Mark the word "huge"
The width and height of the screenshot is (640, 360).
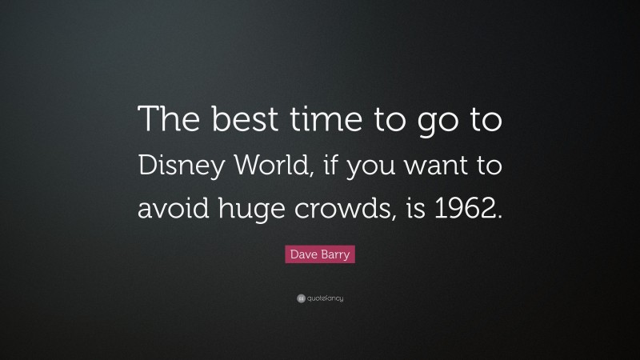(x=245, y=213)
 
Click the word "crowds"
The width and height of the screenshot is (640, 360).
(x=336, y=210)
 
